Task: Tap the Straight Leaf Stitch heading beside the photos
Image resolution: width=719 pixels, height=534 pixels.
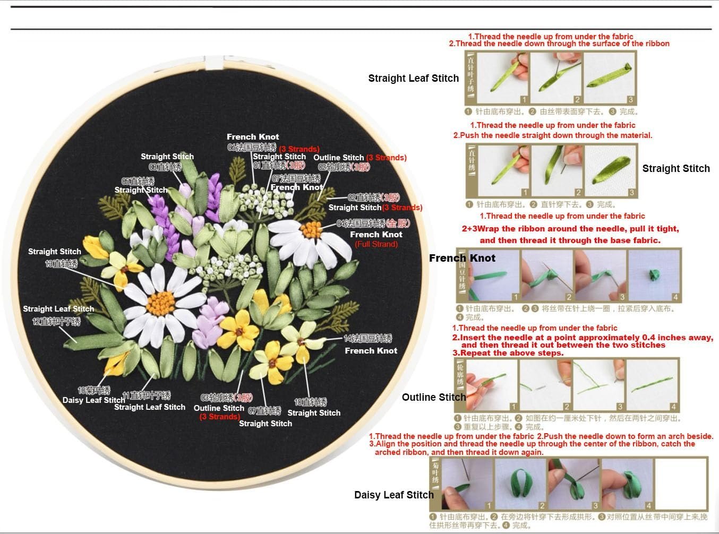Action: (x=413, y=78)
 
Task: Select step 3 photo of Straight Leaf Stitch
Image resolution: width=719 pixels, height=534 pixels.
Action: (x=609, y=77)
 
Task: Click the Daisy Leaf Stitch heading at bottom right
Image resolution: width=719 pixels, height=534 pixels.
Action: (x=393, y=495)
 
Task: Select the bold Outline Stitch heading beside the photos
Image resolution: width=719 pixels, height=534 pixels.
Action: (x=433, y=397)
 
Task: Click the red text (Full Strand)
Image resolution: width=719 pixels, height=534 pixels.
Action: (x=376, y=244)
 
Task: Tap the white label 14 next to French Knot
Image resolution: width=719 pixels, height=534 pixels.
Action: (x=367, y=338)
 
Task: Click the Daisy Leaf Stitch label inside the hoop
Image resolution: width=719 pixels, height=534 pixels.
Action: (x=93, y=400)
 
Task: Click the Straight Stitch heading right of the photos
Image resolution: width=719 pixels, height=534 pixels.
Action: (x=675, y=168)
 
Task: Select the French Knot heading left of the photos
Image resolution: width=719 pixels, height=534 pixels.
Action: (x=462, y=258)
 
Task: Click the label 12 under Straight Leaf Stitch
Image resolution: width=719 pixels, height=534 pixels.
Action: (x=56, y=321)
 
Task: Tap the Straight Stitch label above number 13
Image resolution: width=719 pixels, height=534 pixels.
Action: (x=54, y=252)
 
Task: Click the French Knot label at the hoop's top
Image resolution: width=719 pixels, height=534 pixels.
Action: (x=253, y=137)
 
